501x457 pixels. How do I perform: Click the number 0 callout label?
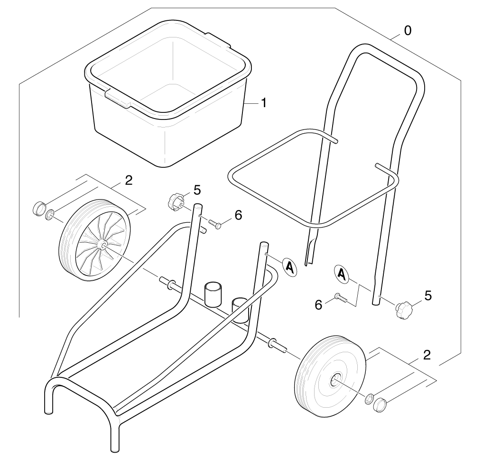coord(408,31)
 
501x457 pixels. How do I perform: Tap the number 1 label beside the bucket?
coord(264,103)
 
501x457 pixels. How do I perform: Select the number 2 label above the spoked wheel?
coord(129,181)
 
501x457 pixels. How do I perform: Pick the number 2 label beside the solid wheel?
coord(427,355)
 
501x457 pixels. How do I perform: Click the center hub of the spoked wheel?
coord(102,245)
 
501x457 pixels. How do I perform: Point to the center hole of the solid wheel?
coord(334,379)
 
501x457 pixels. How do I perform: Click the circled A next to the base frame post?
coord(290,267)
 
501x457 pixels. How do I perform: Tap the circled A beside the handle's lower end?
coord(342,274)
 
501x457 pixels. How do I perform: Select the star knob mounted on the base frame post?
coord(175,201)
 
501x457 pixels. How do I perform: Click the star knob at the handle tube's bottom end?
coord(404,310)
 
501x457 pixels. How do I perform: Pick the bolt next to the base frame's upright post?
coord(215,224)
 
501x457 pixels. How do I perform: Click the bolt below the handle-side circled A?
coord(341,298)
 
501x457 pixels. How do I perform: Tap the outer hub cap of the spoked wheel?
coord(39,209)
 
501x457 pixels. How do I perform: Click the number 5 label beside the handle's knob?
coord(428,296)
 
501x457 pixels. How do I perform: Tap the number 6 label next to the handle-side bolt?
coord(318,305)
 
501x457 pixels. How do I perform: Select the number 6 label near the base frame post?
coord(238,215)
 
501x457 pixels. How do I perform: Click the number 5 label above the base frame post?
coord(197,190)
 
